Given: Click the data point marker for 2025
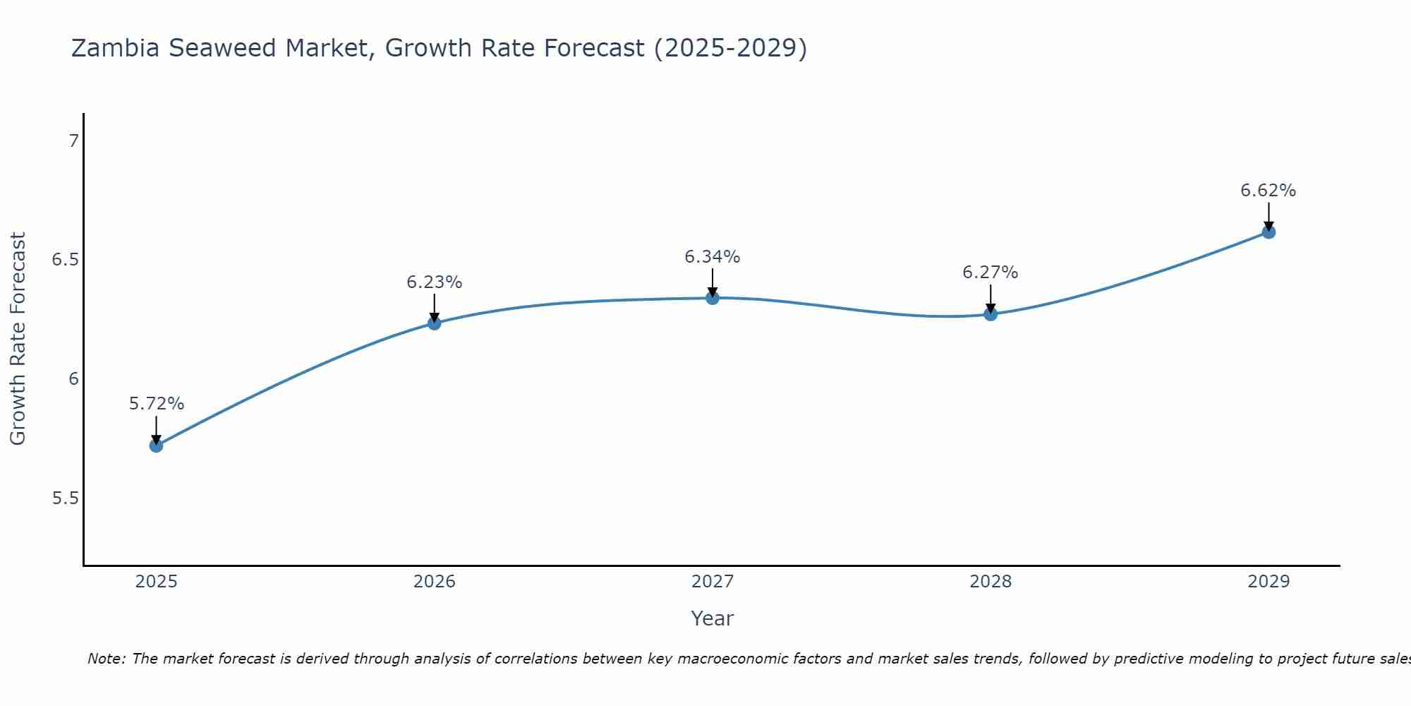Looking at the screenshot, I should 156,445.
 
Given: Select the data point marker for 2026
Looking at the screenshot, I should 434,323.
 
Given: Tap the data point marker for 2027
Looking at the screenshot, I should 713,298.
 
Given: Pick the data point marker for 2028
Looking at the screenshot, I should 991,314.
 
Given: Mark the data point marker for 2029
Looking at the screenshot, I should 1268,232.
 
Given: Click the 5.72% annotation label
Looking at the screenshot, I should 156,404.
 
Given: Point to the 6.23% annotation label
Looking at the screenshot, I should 434,282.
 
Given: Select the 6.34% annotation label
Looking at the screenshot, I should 713,257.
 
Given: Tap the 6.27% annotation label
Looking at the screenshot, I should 991,273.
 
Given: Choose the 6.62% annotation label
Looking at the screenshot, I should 1268,191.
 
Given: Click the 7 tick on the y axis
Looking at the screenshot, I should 73,141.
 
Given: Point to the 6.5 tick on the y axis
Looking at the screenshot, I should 66,260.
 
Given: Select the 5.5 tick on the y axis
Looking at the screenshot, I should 66,498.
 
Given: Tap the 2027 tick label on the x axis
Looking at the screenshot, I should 713,582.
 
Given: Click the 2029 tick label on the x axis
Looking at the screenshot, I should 1268,582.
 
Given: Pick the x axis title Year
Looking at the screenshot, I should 713,618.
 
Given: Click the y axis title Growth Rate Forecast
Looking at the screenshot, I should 18,339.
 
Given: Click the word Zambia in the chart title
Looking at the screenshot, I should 116,48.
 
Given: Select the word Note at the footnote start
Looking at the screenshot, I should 106,659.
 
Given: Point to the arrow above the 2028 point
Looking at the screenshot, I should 991,299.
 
